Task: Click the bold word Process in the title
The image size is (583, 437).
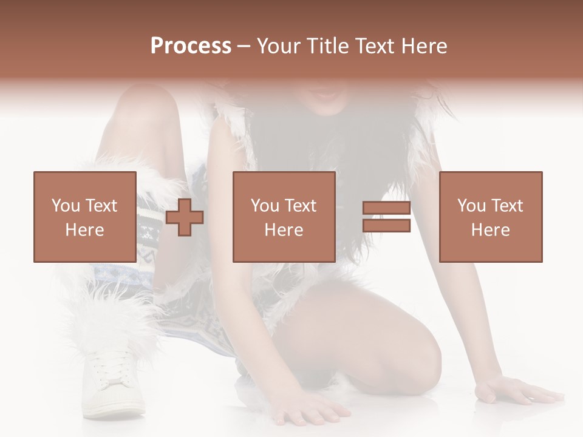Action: [x=191, y=46]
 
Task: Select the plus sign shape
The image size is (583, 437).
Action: [x=185, y=217]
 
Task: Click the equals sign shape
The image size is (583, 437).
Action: [x=386, y=217]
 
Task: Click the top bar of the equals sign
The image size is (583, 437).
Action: [x=386, y=208]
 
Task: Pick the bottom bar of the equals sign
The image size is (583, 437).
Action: [x=386, y=226]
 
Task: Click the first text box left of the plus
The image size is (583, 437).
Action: [x=84, y=217]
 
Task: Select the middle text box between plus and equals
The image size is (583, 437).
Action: [x=284, y=217]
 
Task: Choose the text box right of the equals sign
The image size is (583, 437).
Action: [x=490, y=217]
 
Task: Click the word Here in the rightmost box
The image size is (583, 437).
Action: [x=490, y=230]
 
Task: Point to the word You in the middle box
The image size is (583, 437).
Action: [x=265, y=206]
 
